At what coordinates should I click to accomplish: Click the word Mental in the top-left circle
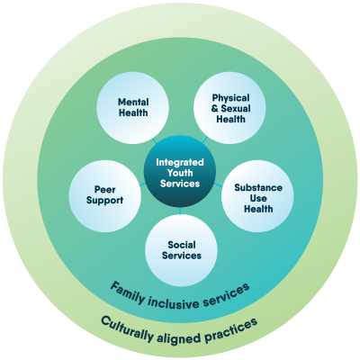pyautogui.click(x=133, y=102)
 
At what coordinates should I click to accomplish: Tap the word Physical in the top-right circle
pyautogui.click(x=230, y=98)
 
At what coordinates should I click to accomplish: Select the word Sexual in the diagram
pyautogui.click(x=236, y=108)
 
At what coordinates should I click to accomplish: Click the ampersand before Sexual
pyautogui.click(x=215, y=109)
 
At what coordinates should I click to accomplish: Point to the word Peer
pyautogui.click(x=105, y=190)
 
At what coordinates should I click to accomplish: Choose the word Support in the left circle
pyautogui.click(x=104, y=201)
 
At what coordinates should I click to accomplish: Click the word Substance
pyautogui.click(x=258, y=188)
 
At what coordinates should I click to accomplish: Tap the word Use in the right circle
pyautogui.click(x=258, y=198)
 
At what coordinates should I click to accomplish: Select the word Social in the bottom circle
pyautogui.click(x=182, y=245)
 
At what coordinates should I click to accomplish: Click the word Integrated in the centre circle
pyautogui.click(x=180, y=162)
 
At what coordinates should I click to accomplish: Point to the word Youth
pyautogui.click(x=180, y=173)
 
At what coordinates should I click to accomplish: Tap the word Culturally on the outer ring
pyautogui.click(x=126, y=328)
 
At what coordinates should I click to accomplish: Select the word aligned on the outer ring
pyautogui.click(x=179, y=337)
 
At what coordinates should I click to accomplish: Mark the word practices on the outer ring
pyautogui.click(x=231, y=330)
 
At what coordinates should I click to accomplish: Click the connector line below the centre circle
pyautogui.click(x=180, y=211)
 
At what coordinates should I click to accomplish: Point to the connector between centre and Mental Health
pyautogui.click(x=155, y=141)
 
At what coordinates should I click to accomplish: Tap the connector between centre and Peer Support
pyautogui.click(x=143, y=184)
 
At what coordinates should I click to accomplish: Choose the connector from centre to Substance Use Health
pyautogui.click(x=218, y=184)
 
